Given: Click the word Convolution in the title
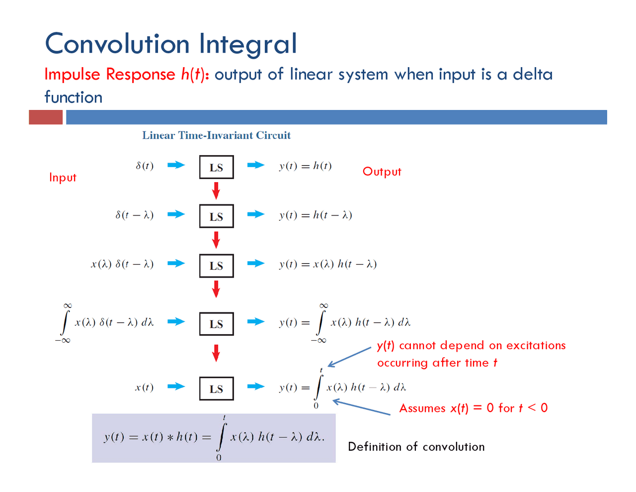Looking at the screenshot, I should [117, 43].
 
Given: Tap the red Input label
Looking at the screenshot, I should [63, 178].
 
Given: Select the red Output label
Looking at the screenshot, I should [382, 172].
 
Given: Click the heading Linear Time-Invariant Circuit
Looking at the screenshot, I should [216, 135].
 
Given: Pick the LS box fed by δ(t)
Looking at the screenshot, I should [216, 167].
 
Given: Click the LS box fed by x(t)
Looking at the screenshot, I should [216, 389].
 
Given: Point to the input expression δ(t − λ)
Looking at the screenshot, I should [135, 215].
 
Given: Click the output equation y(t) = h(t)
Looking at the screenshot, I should [305, 166].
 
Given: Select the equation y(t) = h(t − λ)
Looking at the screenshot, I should [316, 215].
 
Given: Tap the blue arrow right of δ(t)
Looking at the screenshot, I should [176, 165].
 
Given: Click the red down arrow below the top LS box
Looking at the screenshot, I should [216, 191].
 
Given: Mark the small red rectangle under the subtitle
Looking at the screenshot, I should [46, 117].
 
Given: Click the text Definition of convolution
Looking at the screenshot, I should [416, 447].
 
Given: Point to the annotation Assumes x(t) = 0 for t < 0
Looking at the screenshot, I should [473, 408].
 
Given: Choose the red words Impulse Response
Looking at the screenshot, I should [110, 74].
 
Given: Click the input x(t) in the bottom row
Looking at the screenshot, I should [144, 388].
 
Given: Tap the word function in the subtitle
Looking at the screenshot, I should [74, 97].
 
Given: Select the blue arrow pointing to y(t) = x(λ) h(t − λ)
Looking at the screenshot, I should [256, 264].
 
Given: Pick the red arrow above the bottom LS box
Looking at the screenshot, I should [216, 353].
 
